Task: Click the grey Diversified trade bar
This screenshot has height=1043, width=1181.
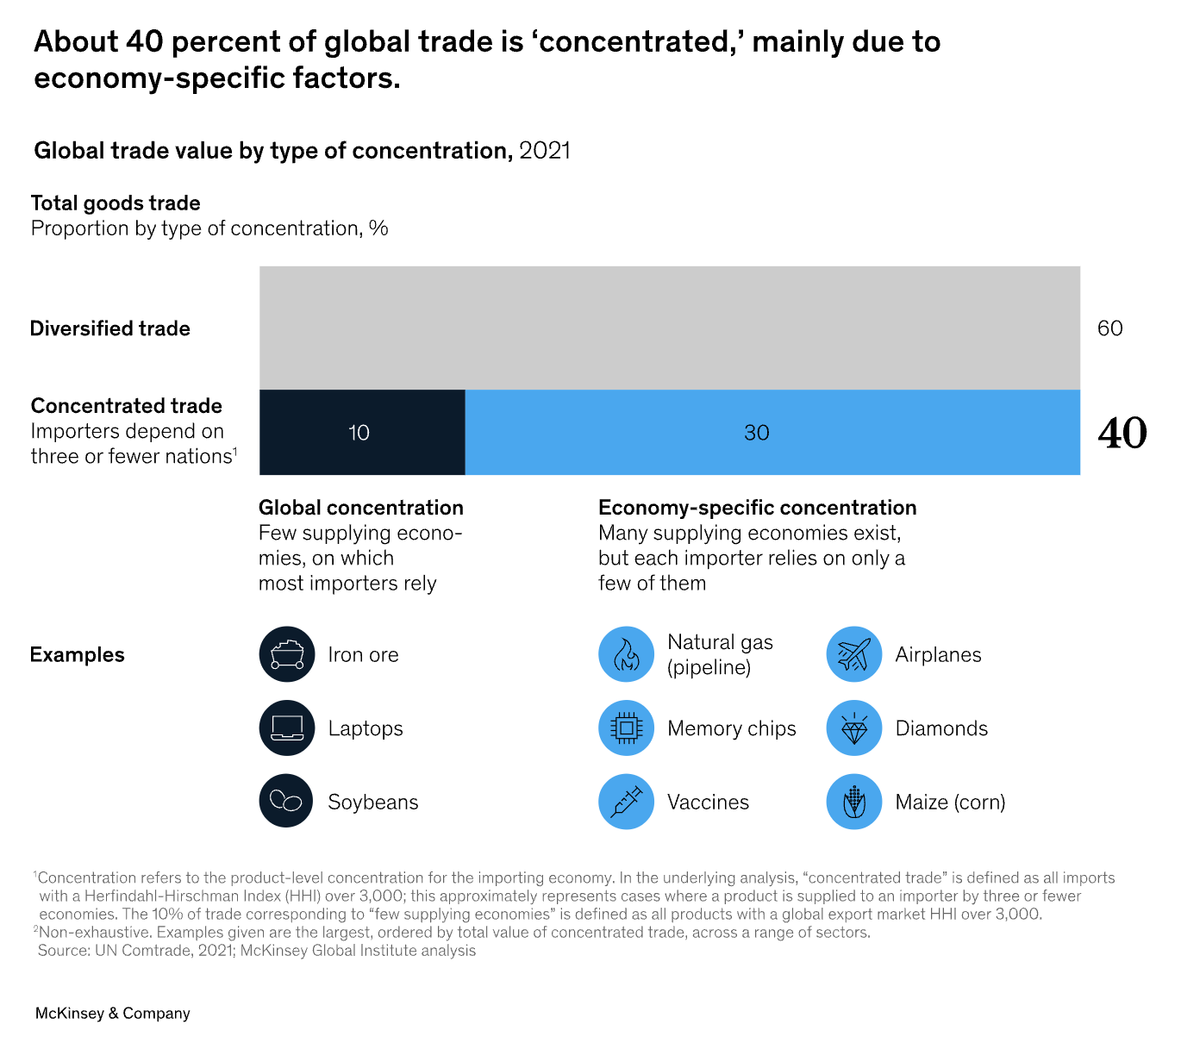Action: pos(669,328)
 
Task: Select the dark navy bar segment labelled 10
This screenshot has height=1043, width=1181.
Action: pos(362,432)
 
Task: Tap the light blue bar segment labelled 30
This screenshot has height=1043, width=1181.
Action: pos(772,432)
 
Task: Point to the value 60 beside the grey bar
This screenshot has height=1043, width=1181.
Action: pos(1109,328)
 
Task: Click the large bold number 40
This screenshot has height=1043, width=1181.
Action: pos(1122,433)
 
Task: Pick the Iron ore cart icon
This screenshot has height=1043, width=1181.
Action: pos(287,654)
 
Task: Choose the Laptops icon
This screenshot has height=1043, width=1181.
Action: pos(287,728)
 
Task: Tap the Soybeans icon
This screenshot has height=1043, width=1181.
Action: pos(287,802)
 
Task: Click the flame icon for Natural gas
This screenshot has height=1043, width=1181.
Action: pos(626,654)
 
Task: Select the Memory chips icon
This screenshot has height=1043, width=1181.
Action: pos(626,728)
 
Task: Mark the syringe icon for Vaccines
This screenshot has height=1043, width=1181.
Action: pos(626,802)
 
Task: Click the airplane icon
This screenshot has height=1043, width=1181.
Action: pos(853,654)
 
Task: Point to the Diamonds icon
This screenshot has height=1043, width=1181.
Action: pos(853,728)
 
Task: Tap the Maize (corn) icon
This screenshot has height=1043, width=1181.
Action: pos(853,802)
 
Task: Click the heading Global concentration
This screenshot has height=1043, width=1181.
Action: pos(361,508)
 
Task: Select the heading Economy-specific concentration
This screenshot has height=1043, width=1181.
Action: pos(757,508)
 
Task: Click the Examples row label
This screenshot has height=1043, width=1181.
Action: pos(78,654)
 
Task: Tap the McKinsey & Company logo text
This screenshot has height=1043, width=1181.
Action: pos(113,1014)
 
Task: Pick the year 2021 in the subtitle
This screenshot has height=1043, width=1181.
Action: pos(545,151)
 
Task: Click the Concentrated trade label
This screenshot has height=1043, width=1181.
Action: pos(127,406)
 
